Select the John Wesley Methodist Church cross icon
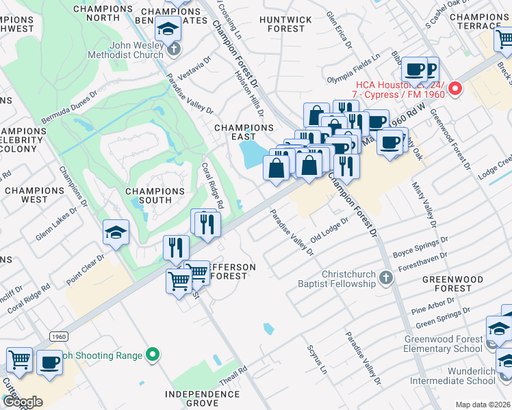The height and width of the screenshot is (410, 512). (175, 49)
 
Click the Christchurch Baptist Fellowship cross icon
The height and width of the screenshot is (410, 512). (386, 277)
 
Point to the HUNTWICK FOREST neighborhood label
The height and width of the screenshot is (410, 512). (281, 25)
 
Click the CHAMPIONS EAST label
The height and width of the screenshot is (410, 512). (244, 133)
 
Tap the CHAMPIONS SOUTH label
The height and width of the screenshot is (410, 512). (155, 195)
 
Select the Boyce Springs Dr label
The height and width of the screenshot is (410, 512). (420, 248)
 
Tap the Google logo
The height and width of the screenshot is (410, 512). (22, 402)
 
